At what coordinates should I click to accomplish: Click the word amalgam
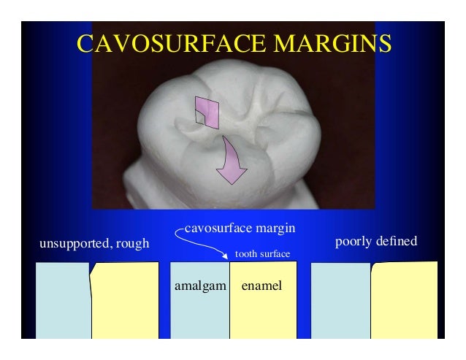tap(199, 286)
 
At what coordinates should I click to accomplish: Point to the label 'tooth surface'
tap(261, 254)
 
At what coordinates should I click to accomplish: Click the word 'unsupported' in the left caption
tap(74, 242)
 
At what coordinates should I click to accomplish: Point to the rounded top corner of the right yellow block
tap(374, 266)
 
